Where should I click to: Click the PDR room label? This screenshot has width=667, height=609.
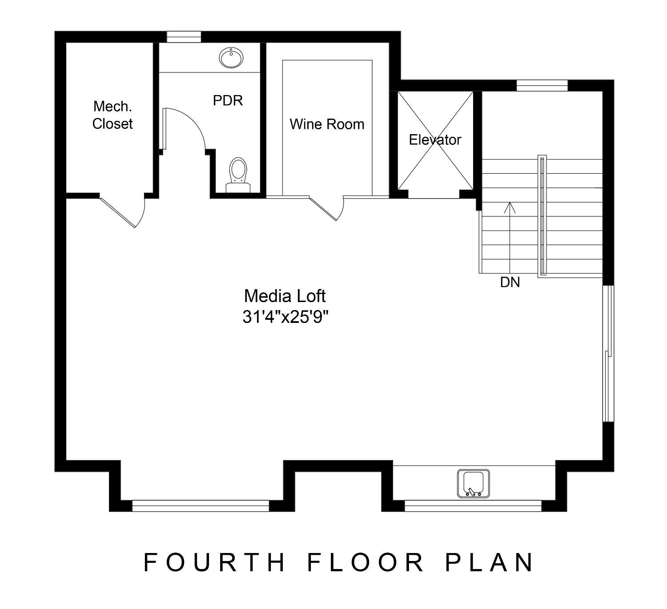(x=228, y=100)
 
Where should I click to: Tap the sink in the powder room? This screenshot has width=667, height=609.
(x=231, y=58)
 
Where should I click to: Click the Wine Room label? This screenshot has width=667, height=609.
(x=327, y=124)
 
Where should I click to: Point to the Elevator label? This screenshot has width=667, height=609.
(x=435, y=140)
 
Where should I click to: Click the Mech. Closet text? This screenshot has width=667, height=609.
(x=113, y=115)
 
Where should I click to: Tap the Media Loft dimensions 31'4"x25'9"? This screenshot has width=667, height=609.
(x=285, y=317)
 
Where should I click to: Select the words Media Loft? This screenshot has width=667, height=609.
(x=285, y=296)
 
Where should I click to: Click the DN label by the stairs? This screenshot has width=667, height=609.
(x=510, y=282)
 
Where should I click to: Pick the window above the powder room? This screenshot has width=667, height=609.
(x=184, y=37)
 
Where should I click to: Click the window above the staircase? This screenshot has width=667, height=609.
(x=542, y=85)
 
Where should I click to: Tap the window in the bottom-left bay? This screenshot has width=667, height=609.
(x=201, y=506)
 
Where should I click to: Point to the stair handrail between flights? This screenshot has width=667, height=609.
(x=541, y=216)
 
